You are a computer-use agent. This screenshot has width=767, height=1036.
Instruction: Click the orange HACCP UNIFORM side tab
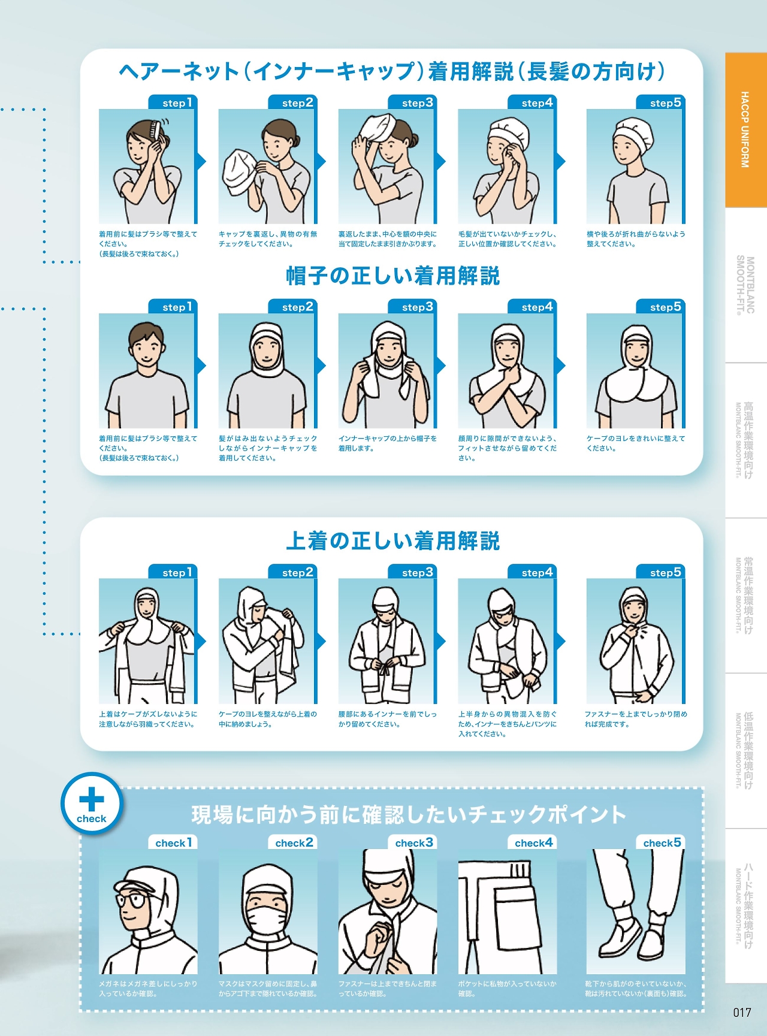tap(746, 130)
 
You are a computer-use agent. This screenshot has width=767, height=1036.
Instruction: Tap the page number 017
tap(742, 1012)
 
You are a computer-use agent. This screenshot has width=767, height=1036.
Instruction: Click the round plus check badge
tap(92, 803)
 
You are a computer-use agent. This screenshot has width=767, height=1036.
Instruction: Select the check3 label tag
tap(412, 842)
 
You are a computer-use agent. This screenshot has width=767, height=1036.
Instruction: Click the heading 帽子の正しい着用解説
tap(393, 276)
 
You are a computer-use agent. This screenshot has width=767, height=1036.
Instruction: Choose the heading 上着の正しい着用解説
tap(393, 541)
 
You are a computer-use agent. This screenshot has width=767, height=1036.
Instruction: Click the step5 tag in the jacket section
tap(660, 572)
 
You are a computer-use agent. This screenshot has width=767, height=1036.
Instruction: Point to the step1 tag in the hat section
tap(173, 307)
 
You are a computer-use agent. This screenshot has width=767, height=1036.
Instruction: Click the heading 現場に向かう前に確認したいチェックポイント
tap(409, 814)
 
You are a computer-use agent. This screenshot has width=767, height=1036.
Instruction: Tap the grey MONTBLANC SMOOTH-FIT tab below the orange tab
tap(746, 285)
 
